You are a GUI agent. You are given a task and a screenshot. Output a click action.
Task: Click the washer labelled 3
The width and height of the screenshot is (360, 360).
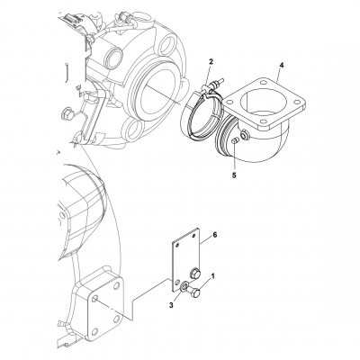point(184,288)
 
